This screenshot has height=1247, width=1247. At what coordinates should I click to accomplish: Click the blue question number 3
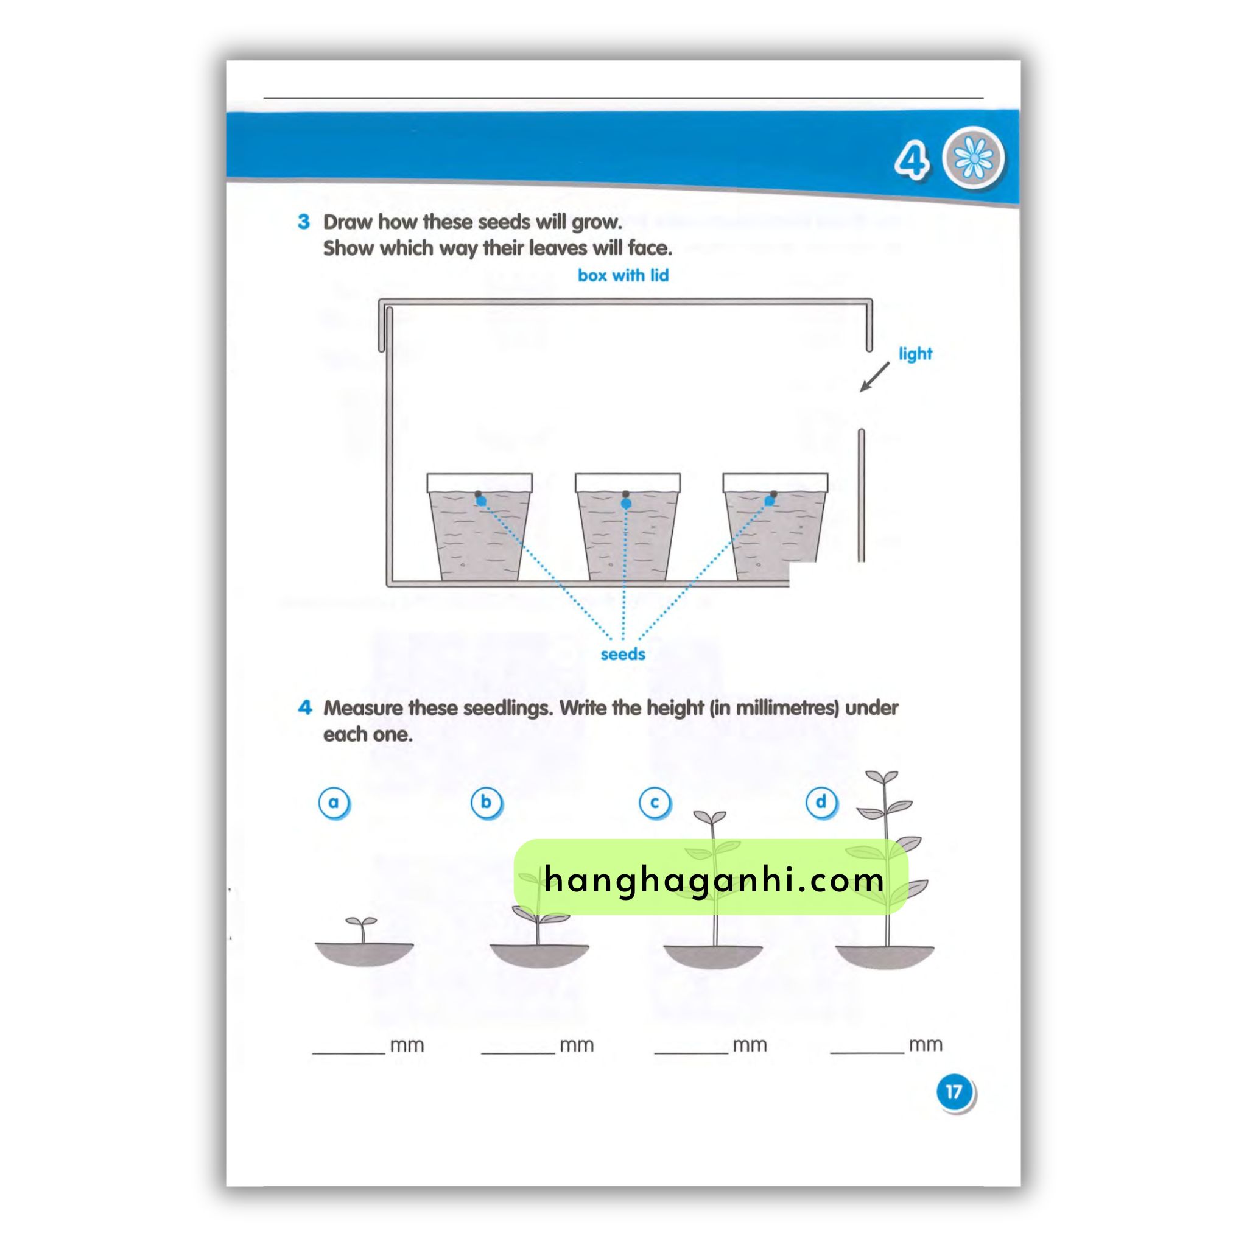click(x=303, y=222)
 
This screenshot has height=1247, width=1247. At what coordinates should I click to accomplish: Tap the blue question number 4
click(x=304, y=708)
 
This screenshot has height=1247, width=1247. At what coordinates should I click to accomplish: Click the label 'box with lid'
click(x=623, y=276)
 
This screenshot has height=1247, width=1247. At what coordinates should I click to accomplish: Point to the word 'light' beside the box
click(x=915, y=354)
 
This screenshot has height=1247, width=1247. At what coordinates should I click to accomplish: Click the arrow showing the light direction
click(x=874, y=376)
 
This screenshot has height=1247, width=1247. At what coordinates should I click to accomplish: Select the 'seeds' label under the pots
click(x=623, y=655)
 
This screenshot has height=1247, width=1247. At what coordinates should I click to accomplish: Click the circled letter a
click(x=334, y=803)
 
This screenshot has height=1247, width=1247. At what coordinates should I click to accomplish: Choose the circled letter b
click(x=486, y=803)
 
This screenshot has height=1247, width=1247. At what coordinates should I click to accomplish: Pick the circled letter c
click(x=655, y=803)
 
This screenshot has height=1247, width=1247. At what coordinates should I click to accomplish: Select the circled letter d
click(x=821, y=803)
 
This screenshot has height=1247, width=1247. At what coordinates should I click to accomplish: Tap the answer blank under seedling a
click(x=348, y=1053)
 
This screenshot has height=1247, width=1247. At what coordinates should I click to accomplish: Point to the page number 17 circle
click(x=954, y=1092)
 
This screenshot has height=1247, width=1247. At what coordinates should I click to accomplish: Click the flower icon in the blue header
click(x=974, y=158)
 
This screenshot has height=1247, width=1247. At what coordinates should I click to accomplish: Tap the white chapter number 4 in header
click(x=911, y=160)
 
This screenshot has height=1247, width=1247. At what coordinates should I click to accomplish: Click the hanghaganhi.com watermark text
click(x=714, y=879)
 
